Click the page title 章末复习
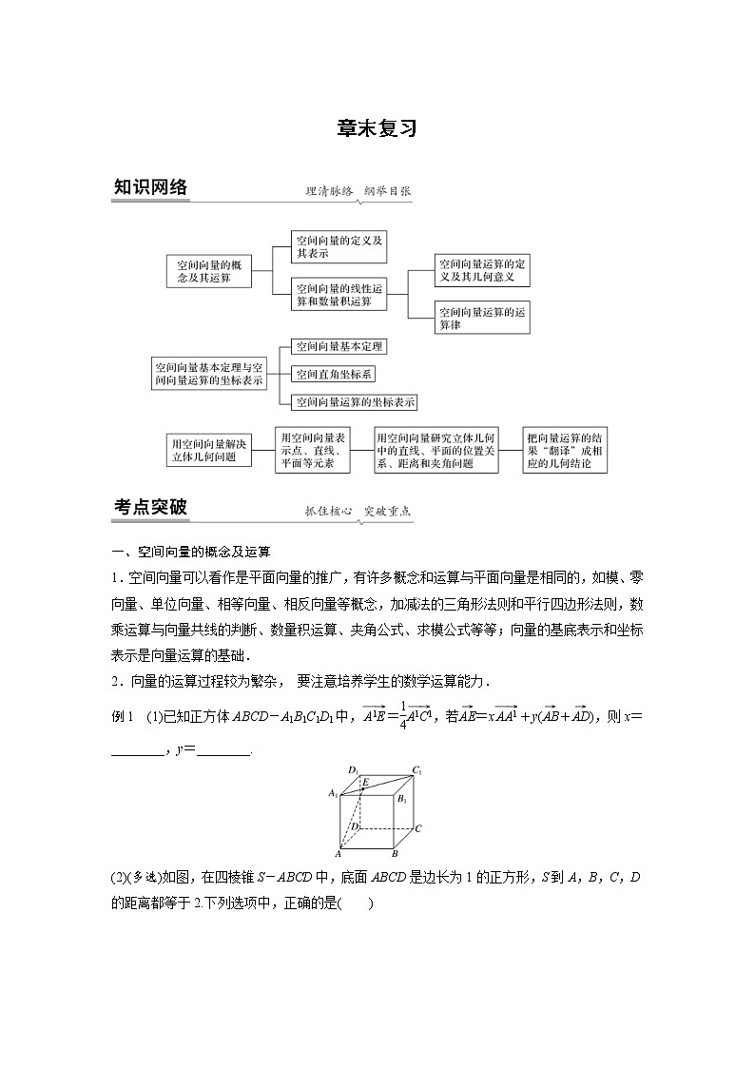click(x=377, y=129)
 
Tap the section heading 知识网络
click(x=150, y=187)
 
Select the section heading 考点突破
click(x=150, y=508)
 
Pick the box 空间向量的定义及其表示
click(x=339, y=247)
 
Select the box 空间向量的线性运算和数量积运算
click(x=339, y=295)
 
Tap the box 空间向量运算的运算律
click(x=481, y=318)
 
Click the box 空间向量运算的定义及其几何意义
click(x=481, y=271)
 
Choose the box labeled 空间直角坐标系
click(x=334, y=375)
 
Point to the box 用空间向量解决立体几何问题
click(x=208, y=450)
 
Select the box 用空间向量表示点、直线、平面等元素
click(x=310, y=450)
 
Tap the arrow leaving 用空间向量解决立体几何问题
click(x=261, y=450)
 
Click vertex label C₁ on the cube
click(x=416, y=771)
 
